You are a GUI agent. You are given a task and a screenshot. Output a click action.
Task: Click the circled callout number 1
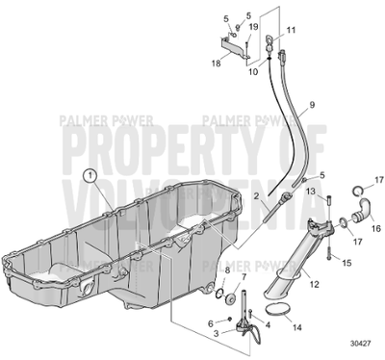[90, 176]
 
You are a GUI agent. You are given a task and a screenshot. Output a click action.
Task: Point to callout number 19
[254, 28]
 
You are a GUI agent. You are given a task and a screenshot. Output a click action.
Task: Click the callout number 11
[293, 31]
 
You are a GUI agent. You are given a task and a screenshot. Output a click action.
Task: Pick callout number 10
[255, 72]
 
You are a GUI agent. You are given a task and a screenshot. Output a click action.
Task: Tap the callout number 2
[257, 196]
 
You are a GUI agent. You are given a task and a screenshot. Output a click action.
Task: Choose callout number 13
[310, 192]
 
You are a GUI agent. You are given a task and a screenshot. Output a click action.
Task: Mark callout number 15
[346, 263]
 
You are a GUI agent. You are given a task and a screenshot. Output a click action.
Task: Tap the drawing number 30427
[363, 342]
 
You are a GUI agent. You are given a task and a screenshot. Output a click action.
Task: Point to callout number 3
[218, 332]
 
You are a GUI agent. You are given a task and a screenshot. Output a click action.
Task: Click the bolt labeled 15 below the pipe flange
[329, 255]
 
